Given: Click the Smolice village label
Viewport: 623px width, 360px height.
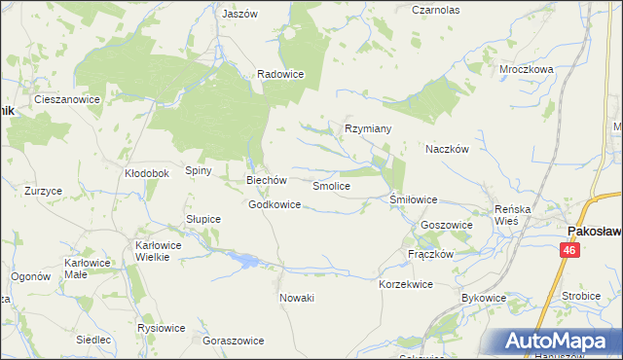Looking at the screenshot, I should (331, 185).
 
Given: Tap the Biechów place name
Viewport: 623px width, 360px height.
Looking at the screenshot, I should (266, 180).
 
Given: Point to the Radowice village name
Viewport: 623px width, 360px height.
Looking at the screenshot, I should (281, 74).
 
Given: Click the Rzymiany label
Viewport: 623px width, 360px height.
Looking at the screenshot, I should (368, 128).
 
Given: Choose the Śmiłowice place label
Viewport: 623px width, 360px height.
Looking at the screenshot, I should (414, 199).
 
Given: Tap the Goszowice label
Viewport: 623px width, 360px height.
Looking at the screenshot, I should (447, 225).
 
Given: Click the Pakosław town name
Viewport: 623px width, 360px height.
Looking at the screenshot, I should (595, 231).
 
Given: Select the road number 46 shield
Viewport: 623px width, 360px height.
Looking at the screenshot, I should (569, 251).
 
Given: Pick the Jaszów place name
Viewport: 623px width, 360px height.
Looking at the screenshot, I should (239, 15).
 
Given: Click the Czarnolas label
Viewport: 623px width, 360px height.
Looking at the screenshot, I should (435, 10).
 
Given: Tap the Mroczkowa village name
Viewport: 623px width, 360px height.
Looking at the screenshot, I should (527, 70).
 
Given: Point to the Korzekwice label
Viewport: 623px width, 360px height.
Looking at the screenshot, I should (405, 284).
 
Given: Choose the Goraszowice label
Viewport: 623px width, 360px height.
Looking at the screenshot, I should (233, 342).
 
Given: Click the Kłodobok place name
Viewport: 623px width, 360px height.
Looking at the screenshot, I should (147, 173).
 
